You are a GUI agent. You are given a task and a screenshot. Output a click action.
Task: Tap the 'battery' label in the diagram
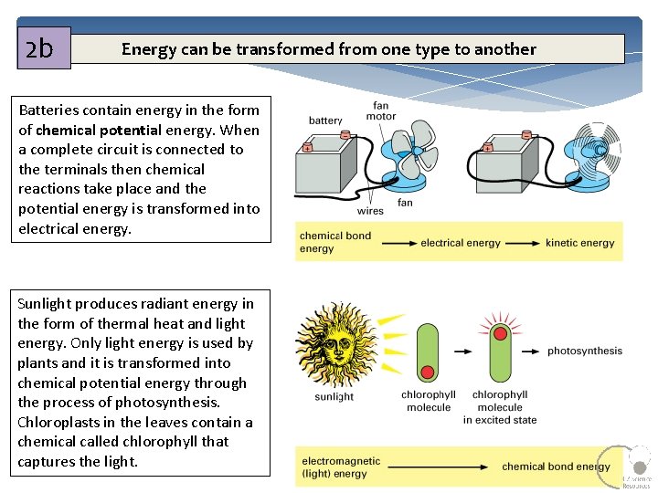(x=325, y=121)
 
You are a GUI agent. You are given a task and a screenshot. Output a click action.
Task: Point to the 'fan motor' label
(x=381, y=110)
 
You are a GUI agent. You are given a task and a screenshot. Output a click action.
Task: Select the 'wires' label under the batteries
(x=370, y=211)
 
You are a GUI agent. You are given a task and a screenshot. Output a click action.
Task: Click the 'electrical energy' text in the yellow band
(x=461, y=243)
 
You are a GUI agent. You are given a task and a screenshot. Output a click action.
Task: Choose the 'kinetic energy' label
(x=580, y=243)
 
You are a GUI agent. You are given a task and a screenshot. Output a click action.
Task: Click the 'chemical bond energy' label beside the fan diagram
(x=335, y=242)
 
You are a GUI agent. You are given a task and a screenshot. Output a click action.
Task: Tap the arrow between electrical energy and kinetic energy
(x=522, y=243)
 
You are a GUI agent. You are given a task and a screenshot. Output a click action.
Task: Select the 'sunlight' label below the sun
(x=334, y=397)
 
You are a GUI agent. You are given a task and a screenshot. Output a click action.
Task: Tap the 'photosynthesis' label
(x=585, y=351)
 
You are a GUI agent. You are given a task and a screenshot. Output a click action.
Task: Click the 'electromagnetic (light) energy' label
(x=341, y=467)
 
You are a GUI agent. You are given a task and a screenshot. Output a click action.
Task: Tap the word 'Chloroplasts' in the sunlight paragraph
(x=58, y=422)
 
